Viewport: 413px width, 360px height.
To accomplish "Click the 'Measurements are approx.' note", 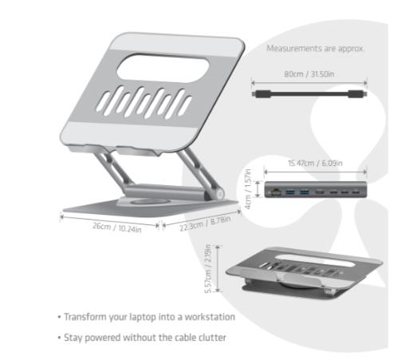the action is pyautogui.click(x=315, y=49).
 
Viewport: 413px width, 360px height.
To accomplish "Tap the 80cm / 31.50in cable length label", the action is pyautogui.click(x=309, y=73).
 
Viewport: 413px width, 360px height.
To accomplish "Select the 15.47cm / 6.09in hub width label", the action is pyautogui.click(x=315, y=163).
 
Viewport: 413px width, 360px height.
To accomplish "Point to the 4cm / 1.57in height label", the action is pyautogui.click(x=248, y=189).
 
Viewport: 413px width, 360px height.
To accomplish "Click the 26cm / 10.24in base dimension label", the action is pyautogui.click(x=117, y=227).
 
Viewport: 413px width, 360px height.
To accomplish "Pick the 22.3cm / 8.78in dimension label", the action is pyautogui.click(x=205, y=224).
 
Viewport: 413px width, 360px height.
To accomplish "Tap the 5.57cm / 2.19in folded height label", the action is pyautogui.click(x=208, y=269).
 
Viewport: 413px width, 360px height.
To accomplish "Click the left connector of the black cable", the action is pyautogui.click(x=262, y=94).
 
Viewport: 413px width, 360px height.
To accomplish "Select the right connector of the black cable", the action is pyautogui.click(x=357, y=94).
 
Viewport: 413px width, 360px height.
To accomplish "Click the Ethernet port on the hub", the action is pyautogui.click(x=276, y=192).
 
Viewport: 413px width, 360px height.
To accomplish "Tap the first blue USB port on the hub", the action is pyautogui.click(x=290, y=192).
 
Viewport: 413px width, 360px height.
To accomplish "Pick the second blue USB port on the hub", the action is pyautogui.click(x=305, y=192).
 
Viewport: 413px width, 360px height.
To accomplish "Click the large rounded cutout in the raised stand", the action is pyautogui.click(x=163, y=69).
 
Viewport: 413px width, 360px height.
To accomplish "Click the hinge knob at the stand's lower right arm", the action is pyautogui.click(x=220, y=194).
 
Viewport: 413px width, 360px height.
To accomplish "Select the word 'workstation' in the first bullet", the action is pyautogui.click(x=210, y=317).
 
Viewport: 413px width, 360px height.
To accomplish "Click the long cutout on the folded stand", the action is pyautogui.click(x=314, y=260).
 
